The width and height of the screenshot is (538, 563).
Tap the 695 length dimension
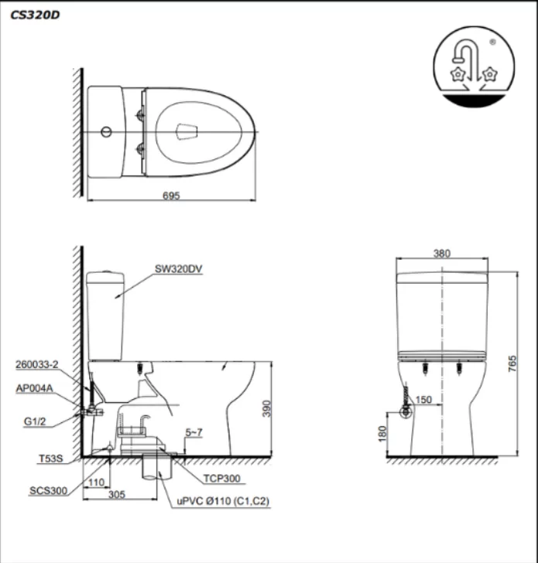[172, 196]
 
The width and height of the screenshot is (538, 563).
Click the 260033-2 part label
[36, 363]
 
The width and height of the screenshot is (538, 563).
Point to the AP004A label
[34, 391]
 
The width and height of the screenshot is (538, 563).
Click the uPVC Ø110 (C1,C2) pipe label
[224, 502]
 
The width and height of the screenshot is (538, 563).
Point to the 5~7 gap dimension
[196, 433]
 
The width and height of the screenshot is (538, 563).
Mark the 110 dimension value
[97, 482]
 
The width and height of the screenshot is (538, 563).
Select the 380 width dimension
[442, 253]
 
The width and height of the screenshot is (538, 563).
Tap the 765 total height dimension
[512, 364]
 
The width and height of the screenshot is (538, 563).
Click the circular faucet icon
[474, 67]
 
